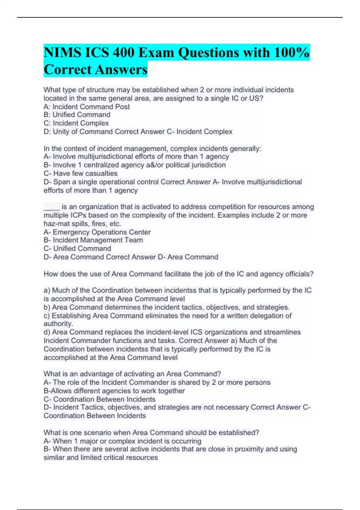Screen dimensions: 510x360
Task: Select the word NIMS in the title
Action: pos(62,53)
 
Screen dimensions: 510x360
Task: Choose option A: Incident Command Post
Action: pos(87,106)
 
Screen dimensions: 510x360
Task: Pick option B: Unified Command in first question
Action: pos(77,115)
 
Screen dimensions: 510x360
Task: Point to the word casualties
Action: pos(100,173)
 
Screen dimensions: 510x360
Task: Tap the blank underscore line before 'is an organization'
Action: pos(52,207)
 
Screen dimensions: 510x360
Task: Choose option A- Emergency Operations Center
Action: pos(97,232)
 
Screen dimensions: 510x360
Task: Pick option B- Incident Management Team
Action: pos(93,240)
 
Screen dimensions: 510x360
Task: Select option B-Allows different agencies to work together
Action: pos(114,391)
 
